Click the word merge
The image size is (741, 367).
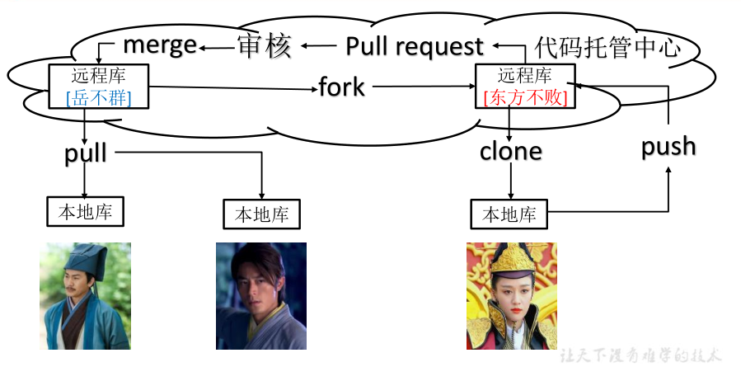pyautogui.click(x=160, y=45)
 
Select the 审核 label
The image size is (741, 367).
pyautogui.click(x=265, y=46)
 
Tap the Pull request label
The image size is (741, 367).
pyautogui.click(x=414, y=46)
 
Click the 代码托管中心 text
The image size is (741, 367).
pyautogui.click(x=607, y=46)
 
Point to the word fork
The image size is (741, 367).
pyautogui.click(x=342, y=87)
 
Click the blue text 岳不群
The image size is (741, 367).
pyautogui.click(x=99, y=98)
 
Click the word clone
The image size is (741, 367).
pyautogui.click(x=511, y=151)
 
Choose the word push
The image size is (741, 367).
pyautogui.click(x=668, y=146)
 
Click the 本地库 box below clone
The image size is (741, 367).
pyautogui.click(x=509, y=214)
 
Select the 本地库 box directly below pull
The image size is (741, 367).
pyautogui.click(x=85, y=211)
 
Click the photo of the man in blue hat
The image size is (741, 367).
pyautogui.click(x=85, y=294)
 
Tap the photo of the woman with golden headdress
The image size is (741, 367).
pyautogui.click(x=511, y=295)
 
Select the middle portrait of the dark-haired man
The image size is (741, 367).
pyautogui.click(x=260, y=294)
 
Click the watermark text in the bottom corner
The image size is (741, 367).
pyautogui.click(x=640, y=355)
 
